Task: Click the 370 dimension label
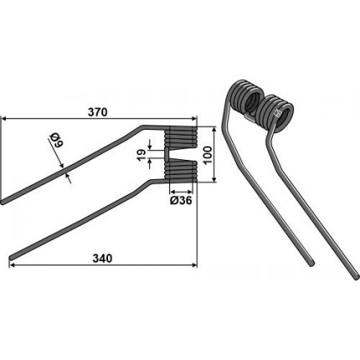(x=97, y=112)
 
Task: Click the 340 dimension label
(x=102, y=259)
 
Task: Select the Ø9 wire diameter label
(x=56, y=140)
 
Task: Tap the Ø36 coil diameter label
(x=181, y=200)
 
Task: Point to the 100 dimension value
(x=208, y=155)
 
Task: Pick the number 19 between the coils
(x=141, y=154)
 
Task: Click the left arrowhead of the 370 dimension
(x=4, y=119)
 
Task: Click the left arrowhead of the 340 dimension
(x=13, y=265)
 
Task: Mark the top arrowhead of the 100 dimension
(x=214, y=129)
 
